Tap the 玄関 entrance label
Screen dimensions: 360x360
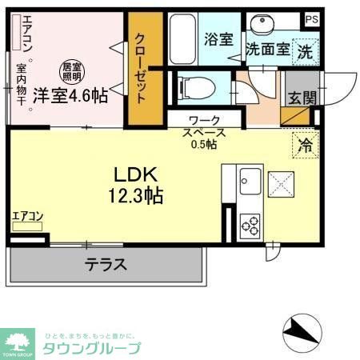[x=302, y=98]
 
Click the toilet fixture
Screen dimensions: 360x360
[x=196, y=86]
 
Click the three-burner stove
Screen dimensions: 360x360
[x=250, y=223]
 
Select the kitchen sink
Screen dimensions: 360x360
[x=248, y=179]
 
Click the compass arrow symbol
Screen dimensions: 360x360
[x=300, y=329]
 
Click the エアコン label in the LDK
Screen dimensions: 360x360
[x=27, y=216]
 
